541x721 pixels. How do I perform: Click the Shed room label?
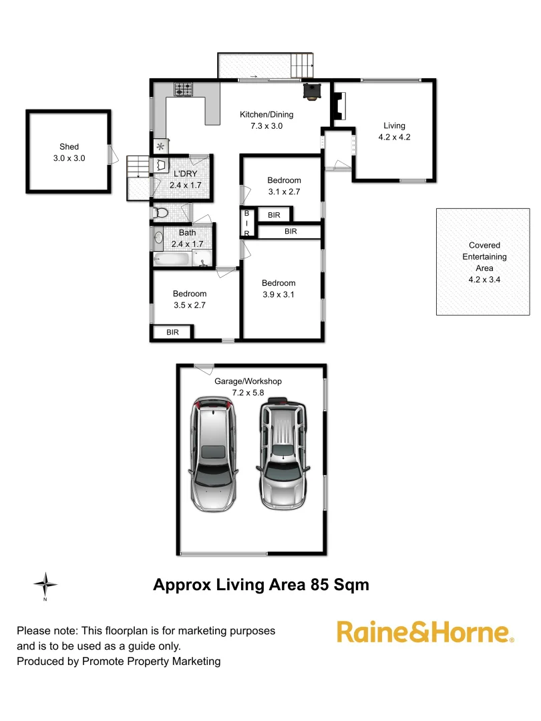point(69,152)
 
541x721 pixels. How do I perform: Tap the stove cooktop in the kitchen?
point(183,89)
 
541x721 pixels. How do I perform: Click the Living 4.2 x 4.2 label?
point(394,132)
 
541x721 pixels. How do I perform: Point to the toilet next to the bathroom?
point(160,213)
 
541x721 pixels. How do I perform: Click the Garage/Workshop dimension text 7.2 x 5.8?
point(248,393)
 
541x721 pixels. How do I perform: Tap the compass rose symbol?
point(45,585)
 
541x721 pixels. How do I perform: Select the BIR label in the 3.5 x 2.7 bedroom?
point(172,332)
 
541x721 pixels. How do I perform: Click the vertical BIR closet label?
point(246,223)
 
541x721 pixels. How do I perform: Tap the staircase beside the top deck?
point(303,65)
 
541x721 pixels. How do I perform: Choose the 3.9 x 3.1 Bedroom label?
point(278,288)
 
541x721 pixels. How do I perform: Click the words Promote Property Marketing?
point(151,662)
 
